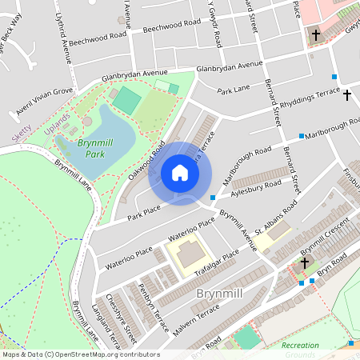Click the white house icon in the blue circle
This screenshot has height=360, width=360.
click(180, 173)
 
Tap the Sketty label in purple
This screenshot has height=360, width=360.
click(22, 133)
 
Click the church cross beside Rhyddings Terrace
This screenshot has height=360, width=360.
click(346, 95)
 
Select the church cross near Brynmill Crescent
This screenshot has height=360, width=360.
click(304, 262)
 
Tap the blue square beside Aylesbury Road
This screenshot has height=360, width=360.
click(212, 198)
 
